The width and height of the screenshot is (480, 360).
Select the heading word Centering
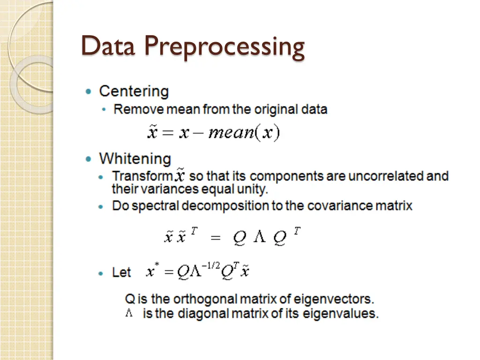(134, 91)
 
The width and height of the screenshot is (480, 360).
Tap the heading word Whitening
(135, 159)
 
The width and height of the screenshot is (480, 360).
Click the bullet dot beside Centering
(89, 91)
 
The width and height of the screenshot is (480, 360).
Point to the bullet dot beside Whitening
(89, 159)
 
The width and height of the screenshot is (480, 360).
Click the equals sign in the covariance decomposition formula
(215, 238)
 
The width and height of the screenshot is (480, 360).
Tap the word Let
(121, 272)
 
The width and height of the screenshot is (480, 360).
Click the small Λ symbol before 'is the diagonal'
(129, 313)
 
